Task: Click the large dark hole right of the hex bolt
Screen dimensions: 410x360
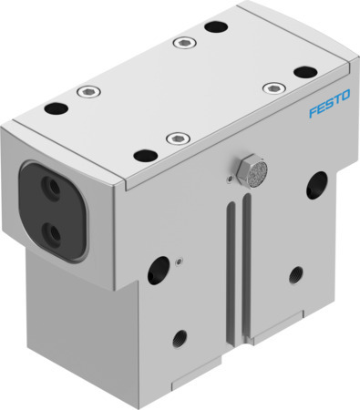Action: [317, 184]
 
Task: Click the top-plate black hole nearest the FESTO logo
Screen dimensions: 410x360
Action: [303, 71]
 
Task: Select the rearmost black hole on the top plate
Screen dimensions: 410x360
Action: [215, 26]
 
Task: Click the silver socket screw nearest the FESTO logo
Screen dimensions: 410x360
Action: [271, 87]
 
